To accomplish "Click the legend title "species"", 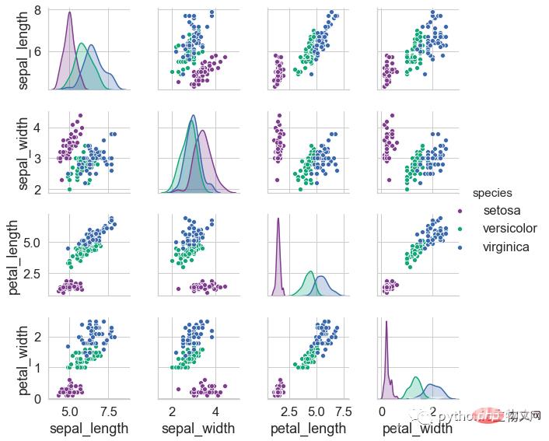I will pyautogui.click(x=491, y=194).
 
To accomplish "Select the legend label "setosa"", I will pyautogui.click(x=502, y=211).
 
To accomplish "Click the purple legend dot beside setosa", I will pyautogui.click(x=460, y=212).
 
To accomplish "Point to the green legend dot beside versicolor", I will pyautogui.click(x=460, y=229).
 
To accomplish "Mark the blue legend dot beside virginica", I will pyautogui.click(x=460, y=247).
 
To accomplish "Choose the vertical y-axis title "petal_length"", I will pyautogui.click(x=13, y=256).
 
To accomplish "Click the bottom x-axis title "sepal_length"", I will pyautogui.click(x=89, y=429).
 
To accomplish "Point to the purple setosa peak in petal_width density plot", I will pyautogui.click(x=386, y=321).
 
